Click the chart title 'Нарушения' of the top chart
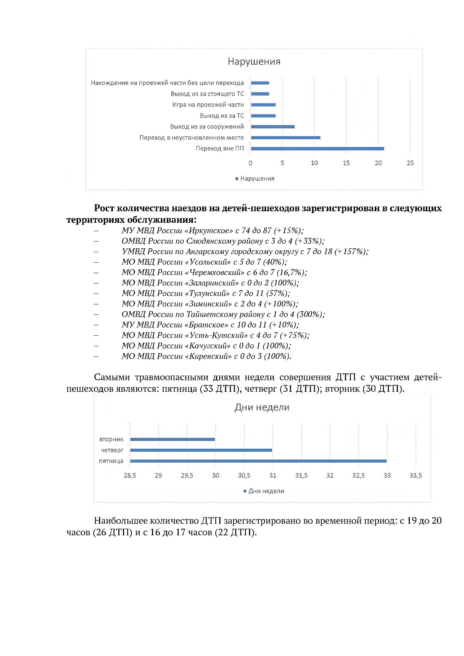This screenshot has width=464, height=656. point(254,62)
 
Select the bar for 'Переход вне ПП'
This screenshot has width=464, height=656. point(317,149)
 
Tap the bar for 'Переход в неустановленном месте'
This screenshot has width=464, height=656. point(285,138)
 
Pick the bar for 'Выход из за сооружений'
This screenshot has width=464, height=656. point(273,126)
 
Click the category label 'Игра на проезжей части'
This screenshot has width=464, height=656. point(208,105)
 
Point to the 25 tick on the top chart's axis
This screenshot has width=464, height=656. point(410,163)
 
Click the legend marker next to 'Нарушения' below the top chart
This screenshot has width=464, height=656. point(237,179)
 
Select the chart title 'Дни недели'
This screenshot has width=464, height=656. point(262,407)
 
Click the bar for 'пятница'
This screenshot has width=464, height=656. point(258,461)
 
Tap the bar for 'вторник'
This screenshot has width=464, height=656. point(172,439)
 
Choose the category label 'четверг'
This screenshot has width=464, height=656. point(112,450)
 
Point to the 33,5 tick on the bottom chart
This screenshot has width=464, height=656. point(416,475)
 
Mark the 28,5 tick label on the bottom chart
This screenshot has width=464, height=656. point(130,475)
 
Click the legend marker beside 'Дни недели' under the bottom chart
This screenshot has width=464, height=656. point(245,491)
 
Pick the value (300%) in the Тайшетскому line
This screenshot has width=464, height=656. point(310,314)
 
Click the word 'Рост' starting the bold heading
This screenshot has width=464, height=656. point(104,208)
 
